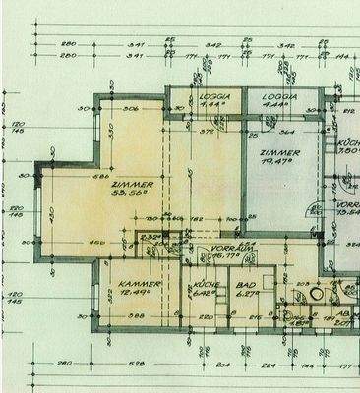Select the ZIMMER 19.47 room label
pos(278,155)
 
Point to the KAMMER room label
pos(126,279)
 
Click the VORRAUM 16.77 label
pos(214,250)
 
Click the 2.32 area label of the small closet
pos(150,237)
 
